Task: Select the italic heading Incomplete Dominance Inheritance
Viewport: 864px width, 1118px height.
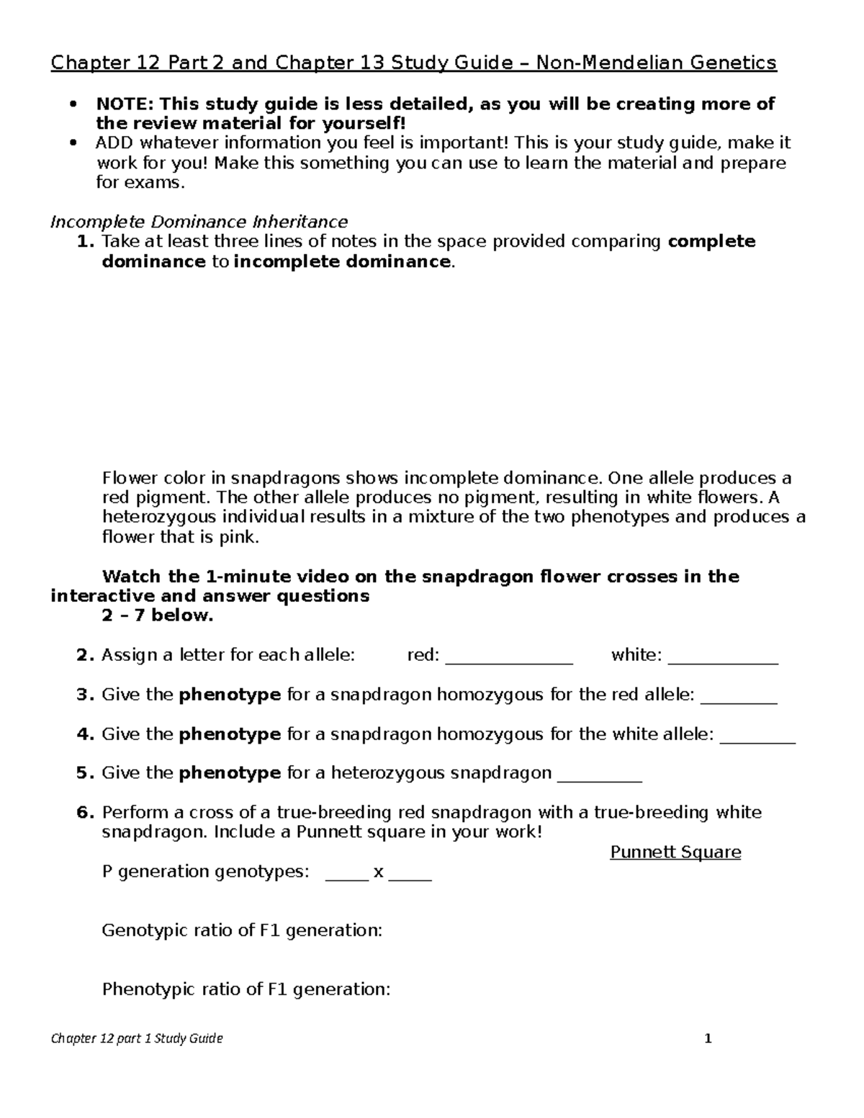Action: coord(199,222)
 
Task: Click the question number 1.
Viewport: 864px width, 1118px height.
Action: coord(85,242)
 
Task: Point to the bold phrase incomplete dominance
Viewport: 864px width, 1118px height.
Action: coord(342,261)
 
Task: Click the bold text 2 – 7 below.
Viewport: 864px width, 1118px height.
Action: coord(158,616)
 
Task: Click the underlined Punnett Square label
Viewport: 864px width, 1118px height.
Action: coord(675,852)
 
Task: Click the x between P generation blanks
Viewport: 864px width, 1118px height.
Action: coord(379,872)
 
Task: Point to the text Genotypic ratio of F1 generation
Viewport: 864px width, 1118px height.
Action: coord(242,931)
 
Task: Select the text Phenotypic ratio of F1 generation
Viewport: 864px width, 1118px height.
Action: coord(246,989)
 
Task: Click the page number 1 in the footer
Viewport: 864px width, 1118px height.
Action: coord(708,1038)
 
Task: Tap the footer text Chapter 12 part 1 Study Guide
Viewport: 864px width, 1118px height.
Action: coord(137,1038)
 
